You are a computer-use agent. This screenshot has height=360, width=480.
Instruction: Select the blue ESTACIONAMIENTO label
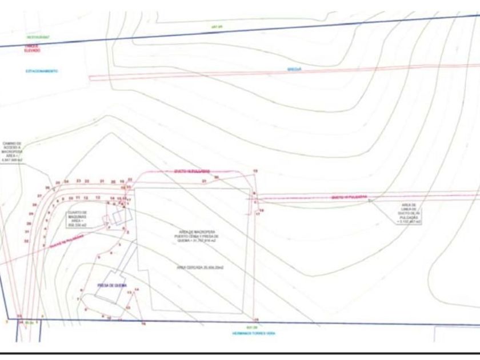pos(41,71)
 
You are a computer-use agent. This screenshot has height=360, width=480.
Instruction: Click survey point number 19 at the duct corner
pos(255,171)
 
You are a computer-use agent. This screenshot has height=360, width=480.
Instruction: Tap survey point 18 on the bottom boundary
pos(256,319)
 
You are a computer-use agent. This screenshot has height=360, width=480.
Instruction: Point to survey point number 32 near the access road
pos(26,241)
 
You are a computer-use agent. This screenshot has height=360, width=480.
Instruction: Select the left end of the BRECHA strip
pos(91,78)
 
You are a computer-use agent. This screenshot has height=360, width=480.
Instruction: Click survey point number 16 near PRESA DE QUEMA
pos(143,323)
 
